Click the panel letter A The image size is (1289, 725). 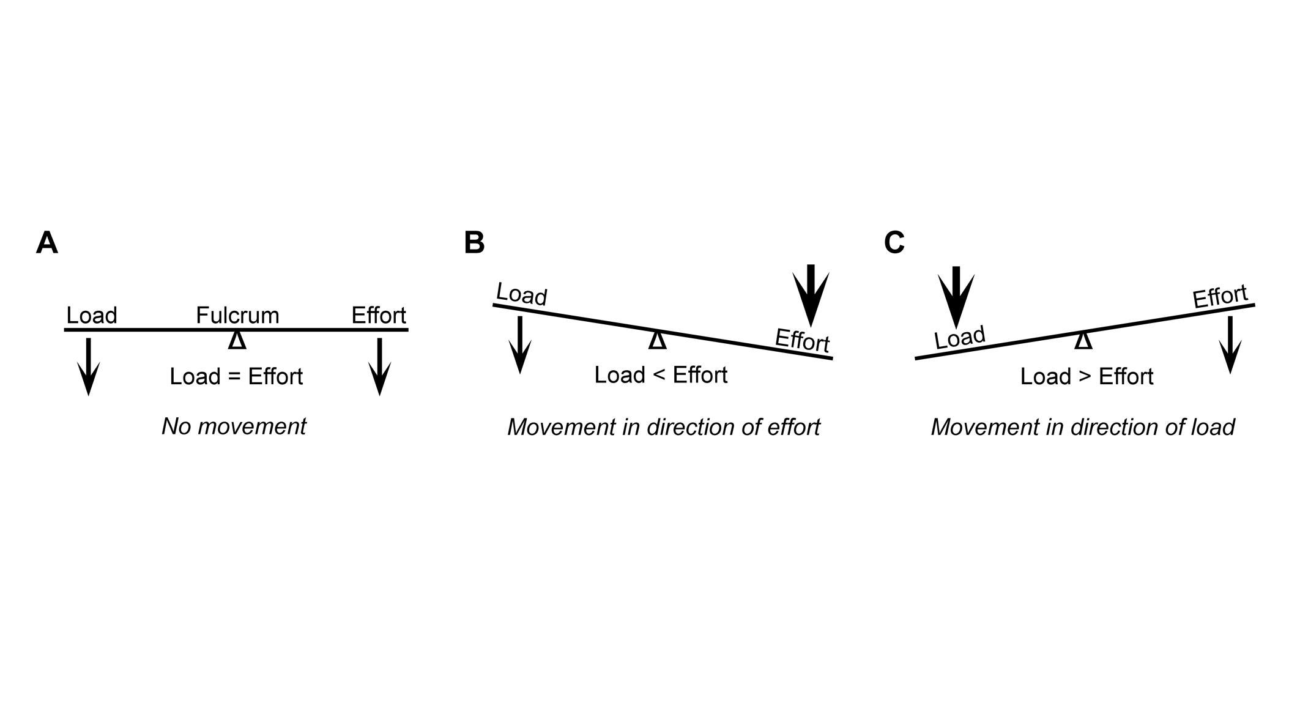47,244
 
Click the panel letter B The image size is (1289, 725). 474,243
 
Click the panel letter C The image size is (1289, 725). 894,243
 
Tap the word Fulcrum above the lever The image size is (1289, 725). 237,316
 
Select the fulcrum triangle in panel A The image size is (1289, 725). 237,340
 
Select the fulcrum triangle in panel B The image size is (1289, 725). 657,340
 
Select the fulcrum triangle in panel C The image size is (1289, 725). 1083,340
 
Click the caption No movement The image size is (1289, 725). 234,426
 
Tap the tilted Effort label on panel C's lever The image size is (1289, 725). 1220,297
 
